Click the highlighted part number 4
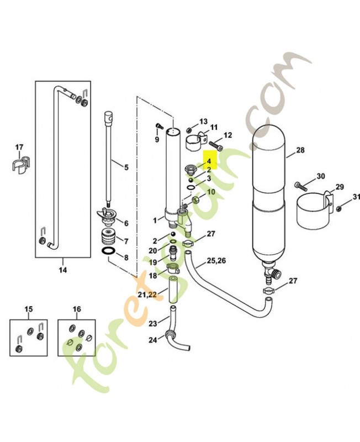point(209,161)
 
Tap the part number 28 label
point(300,150)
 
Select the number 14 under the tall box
point(63,270)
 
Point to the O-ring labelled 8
point(108,250)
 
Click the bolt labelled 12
point(215,146)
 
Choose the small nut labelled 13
point(189,130)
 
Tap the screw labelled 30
point(301,186)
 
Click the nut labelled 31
point(339,208)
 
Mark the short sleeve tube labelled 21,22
point(173,290)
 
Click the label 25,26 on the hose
point(216,260)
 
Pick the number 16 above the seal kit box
point(77,309)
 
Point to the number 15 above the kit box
point(29,309)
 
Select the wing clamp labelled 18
point(173,268)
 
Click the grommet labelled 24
point(170,335)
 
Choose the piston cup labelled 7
point(108,236)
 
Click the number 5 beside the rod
point(126,167)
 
